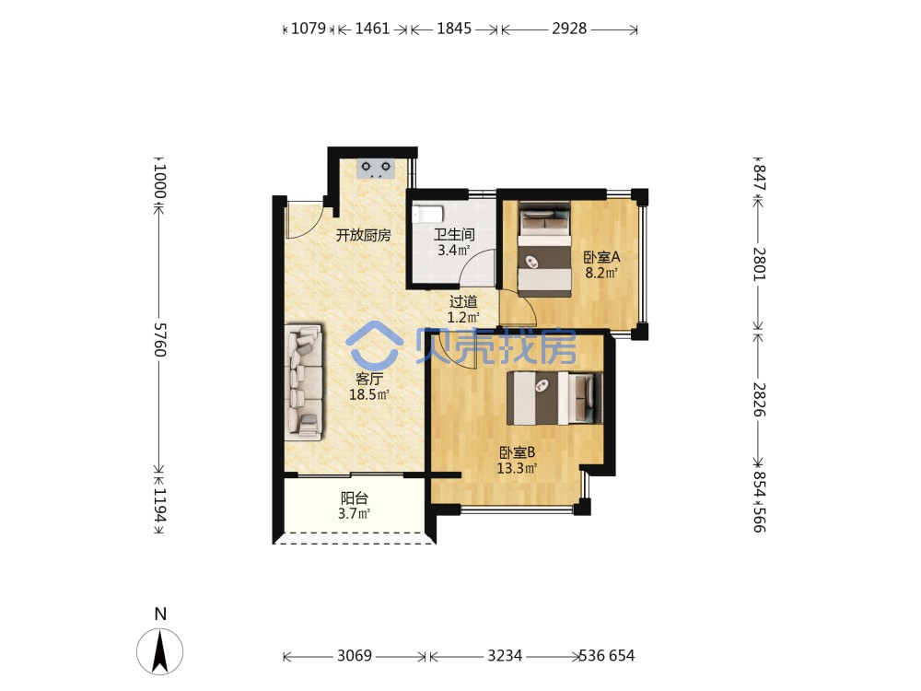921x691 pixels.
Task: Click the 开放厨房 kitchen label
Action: (x=363, y=236)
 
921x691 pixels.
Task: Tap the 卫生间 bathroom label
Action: (x=454, y=234)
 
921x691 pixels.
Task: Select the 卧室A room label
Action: (x=601, y=257)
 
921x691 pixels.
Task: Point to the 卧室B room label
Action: (x=517, y=453)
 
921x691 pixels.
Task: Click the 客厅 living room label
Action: (x=369, y=379)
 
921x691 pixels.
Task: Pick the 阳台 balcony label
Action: (x=355, y=498)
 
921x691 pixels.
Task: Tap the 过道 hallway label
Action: (x=463, y=302)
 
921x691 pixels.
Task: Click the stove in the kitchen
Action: (x=376, y=169)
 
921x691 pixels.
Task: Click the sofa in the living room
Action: (x=304, y=382)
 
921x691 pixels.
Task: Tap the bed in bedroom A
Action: (x=544, y=249)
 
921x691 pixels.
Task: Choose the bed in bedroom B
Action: (x=554, y=397)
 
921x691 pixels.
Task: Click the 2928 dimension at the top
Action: (x=568, y=29)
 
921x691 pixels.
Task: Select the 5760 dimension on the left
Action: (x=159, y=339)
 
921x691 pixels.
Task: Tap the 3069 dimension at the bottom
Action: (x=355, y=656)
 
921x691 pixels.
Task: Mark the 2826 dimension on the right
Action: (x=760, y=400)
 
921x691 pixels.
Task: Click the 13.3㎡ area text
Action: (x=517, y=468)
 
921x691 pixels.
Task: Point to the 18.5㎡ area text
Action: (x=369, y=394)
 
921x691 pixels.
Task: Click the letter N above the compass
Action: (x=160, y=614)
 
